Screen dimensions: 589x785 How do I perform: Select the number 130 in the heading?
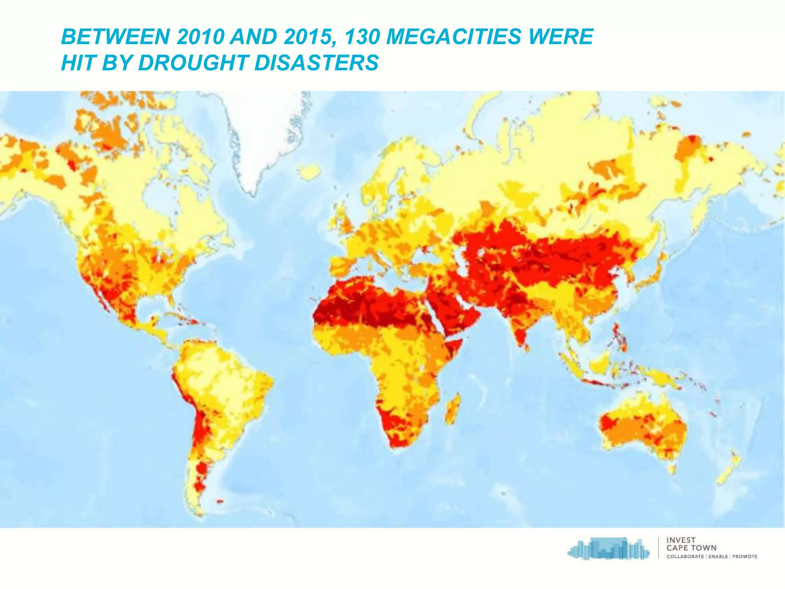[x=362, y=37]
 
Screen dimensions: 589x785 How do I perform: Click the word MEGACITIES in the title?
[x=454, y=37]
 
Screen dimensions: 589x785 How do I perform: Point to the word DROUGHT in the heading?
[x=193, y=63]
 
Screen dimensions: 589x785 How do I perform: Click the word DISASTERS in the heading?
[x=316, y=63]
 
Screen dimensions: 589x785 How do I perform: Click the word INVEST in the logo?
[x=681, y=540]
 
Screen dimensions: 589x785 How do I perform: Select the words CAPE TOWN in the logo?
[x=691, y=548]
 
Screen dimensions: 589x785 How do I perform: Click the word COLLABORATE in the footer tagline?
[x=685, y=557]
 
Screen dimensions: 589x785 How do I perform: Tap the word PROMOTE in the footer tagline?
[x=745, y=557]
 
